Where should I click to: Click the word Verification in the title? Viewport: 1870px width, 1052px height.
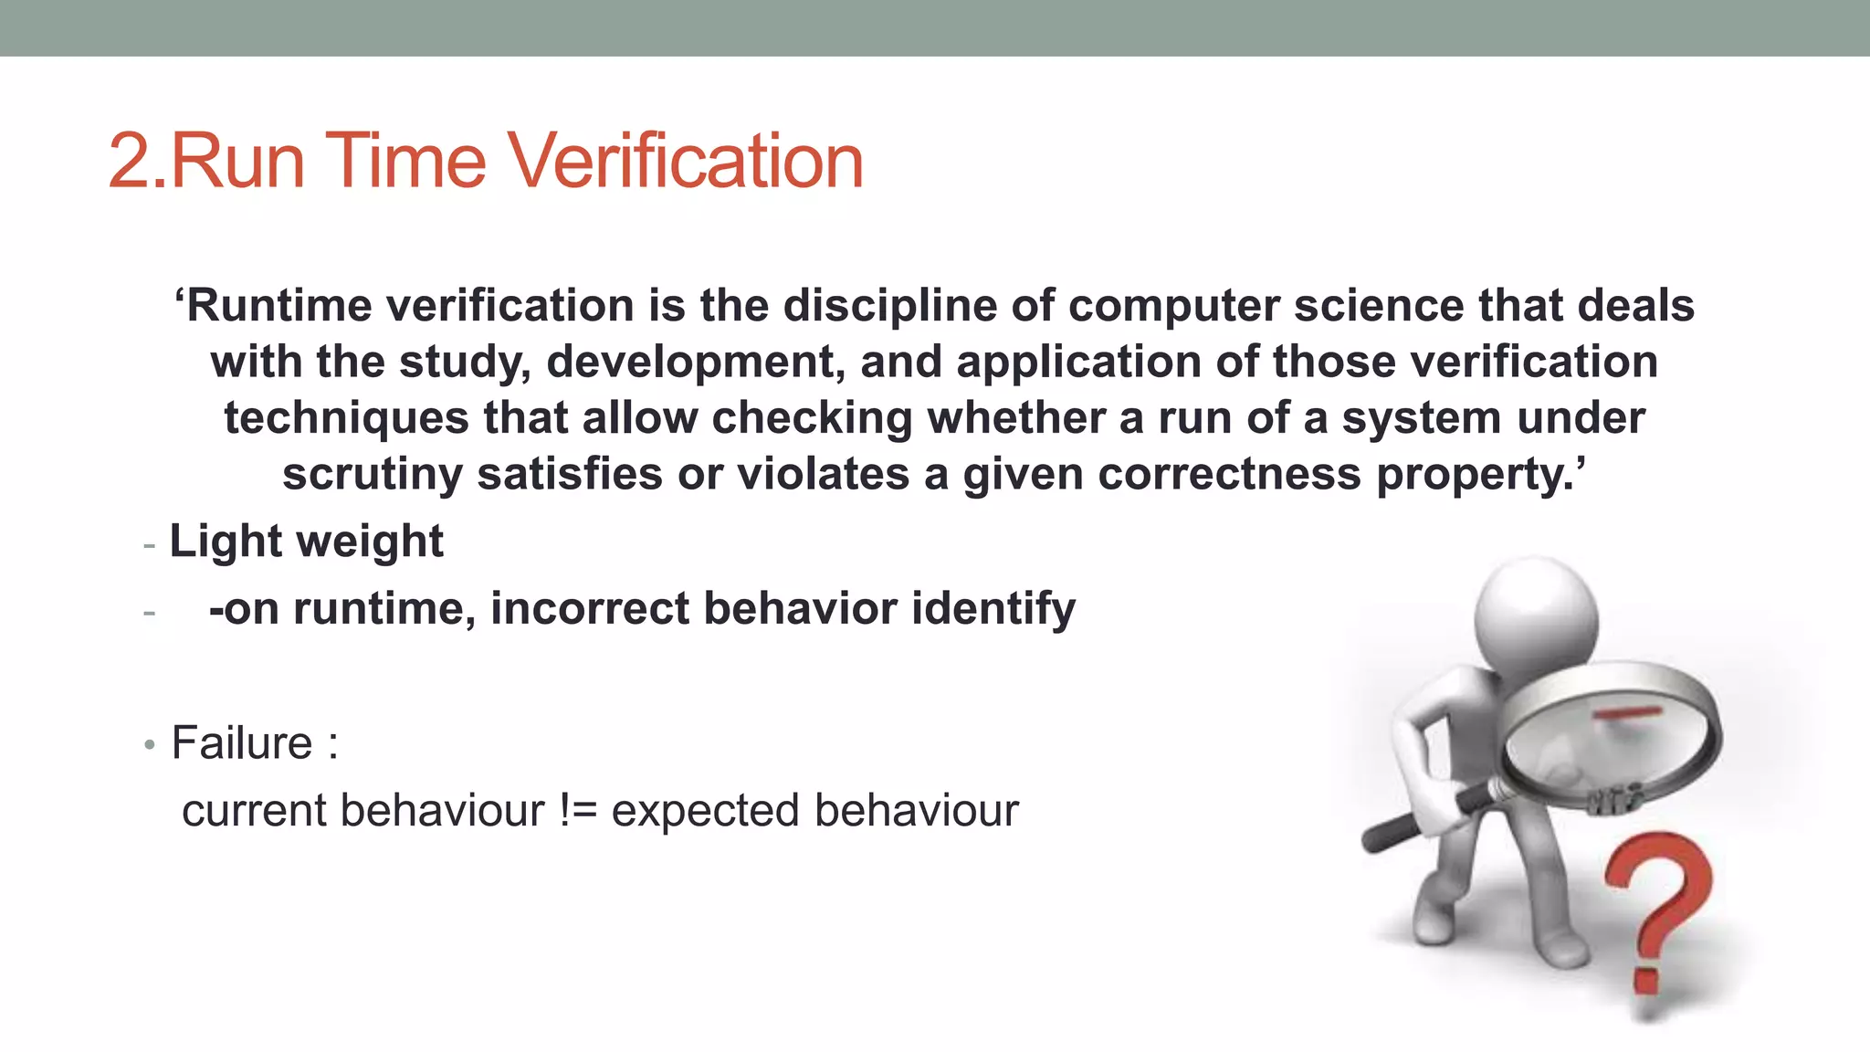pos(685,161)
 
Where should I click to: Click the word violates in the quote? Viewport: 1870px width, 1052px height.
pos(823,474)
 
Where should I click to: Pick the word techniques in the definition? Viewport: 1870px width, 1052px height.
pos(346,418)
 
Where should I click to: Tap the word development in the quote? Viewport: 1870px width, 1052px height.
pos(690,362)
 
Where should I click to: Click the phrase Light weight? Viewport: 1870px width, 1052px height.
pos(306,541)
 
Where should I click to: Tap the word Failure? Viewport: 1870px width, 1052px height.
pos(242,742)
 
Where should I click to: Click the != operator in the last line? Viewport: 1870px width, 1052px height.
pos(578,811)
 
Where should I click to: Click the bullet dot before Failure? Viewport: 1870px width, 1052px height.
pos(150,745)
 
